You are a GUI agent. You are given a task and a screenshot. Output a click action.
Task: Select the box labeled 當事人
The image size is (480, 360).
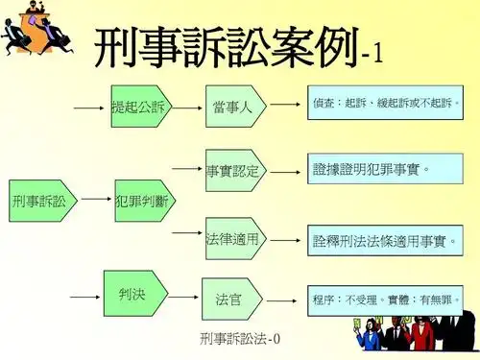pyautogui.click(x=233, y=107)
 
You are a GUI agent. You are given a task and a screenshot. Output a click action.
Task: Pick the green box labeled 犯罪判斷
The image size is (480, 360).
pyautogui.click(x=140, y=201)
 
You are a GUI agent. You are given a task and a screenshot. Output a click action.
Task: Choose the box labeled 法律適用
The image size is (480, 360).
pyautogui.click(x=233, y=237)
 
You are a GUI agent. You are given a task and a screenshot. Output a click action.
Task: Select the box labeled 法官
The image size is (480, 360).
pyautogui.click(x=229, y=300)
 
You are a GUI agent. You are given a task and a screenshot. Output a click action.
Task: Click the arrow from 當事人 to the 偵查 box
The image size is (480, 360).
pyautogui.click(x=285, y=103)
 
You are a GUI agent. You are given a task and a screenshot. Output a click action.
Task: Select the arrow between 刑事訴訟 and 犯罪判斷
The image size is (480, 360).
pyautogui.click(x=95, y=201)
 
